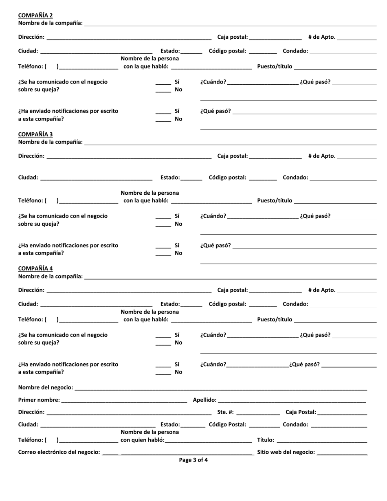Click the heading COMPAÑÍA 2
coord(35,15)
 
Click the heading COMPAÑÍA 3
coord(35,134)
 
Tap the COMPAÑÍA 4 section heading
coord(35,268)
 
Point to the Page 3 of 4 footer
coord(193,460)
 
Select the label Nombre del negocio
coord(46,387)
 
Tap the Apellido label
coord(204,400)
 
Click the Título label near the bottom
coord(266,440)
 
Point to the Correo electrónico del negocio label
coord(59,452)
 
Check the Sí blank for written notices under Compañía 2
coord(163,113)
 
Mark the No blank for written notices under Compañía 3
coord(163,255)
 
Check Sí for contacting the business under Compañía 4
coord(163,337)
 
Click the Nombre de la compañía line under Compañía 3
coord(230,144)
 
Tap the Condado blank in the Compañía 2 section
coord(343,53)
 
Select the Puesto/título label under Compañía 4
coord(275,319)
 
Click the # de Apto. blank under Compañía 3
coord(357,158)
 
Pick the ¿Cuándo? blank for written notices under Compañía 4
coord(257,366)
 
